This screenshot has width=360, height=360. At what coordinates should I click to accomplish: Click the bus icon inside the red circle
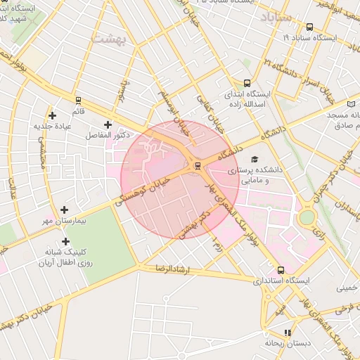pyautogui.click(x=197, y=166)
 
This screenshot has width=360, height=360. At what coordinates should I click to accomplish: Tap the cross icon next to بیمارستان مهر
pyautogui.click(x=65, y=210)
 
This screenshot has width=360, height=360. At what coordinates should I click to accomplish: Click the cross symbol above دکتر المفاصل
pyautogui.click(x=108, y=124)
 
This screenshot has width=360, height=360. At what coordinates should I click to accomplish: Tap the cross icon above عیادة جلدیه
pyautogui.click(x=52, y=115)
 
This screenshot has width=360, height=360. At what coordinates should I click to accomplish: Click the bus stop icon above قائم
pyautogui.click(x=78, y=101)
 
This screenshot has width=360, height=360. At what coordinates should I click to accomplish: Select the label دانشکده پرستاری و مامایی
pyautogui.click(x=261, y=175)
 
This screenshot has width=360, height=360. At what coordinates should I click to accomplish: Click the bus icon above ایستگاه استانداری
pyautogui.click(x=281, y=270)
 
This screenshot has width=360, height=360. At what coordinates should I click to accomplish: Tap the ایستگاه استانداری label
pyautogui.click(x=282, y=281)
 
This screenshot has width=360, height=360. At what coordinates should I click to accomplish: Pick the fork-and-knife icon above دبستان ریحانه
pyautogui.click(x=287, y=333)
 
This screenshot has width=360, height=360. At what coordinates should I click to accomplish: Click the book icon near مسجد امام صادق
pyautogui.click(x=351, y=103)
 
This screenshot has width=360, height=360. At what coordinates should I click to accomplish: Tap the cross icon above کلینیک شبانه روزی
pyautogui.click(x=65, y=241)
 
